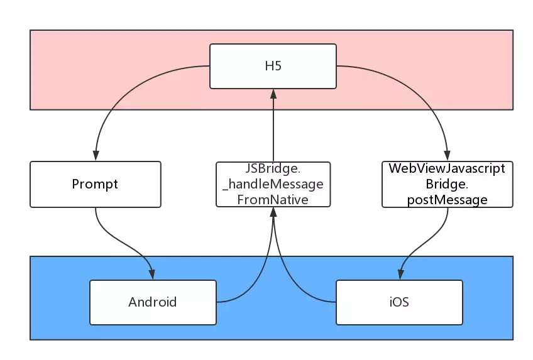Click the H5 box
tap(273, 66)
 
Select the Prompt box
tap(95, 184)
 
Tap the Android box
tap(153, 302)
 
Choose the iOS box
tap(399, 302)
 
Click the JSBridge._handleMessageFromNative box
tap(273, 184)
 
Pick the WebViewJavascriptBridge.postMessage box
tap(447, 184)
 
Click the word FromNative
tap(273, 200)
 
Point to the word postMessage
tap(447, 200)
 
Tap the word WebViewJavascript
tap(447, 168)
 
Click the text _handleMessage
tap(273, 185)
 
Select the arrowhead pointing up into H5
tap(273, 94)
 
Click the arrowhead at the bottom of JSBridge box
tap(273, 212)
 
